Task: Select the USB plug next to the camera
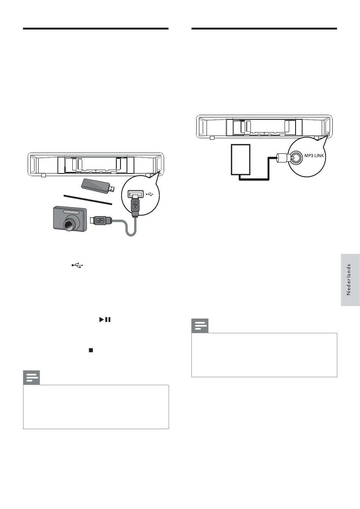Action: pyautogui.click(x=101, y=220)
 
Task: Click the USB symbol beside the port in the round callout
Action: pyautogui.click(x=150, y=194)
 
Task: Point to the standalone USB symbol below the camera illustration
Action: pyautogui.click(x=77, y=265)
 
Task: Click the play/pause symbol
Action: pyautogui.click(x=105, y=320)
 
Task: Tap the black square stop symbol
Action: pyautogui.click(x=91, y=350)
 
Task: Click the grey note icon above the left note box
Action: pyautogui.click(x=31, y=378)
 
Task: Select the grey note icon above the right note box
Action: pyautogui.click(x=200, y=326)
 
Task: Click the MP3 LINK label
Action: pyautogui.click(x=314, y=156)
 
